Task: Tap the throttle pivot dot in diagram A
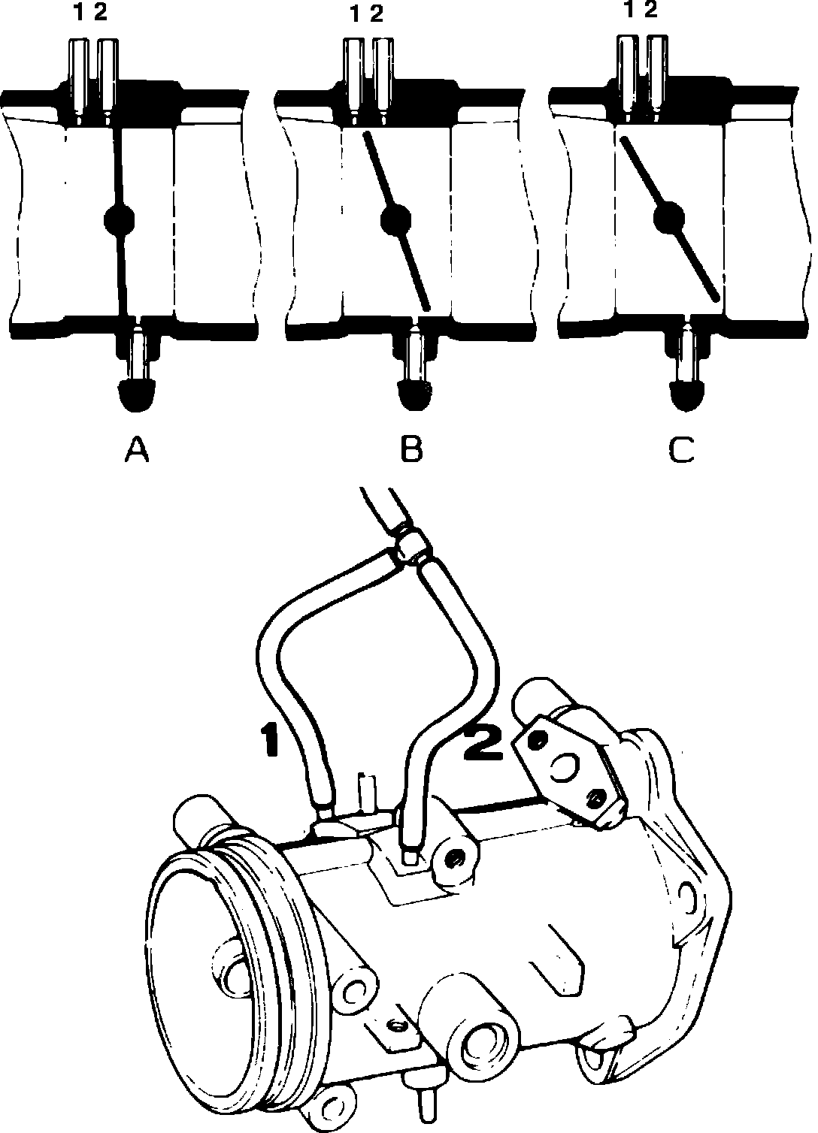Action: (119, 219)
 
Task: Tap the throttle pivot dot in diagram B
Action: (395, 219)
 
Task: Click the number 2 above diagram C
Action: (651, 11)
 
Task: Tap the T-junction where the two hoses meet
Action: (411, 546)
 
